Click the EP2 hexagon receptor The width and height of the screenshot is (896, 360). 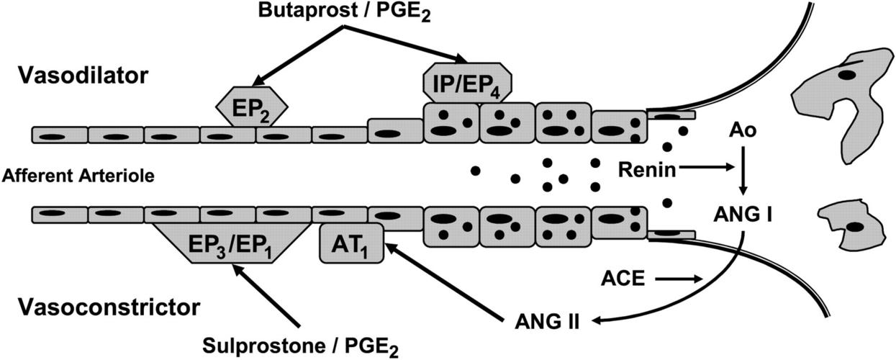252,108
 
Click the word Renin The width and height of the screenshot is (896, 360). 645,171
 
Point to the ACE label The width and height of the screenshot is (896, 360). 623,279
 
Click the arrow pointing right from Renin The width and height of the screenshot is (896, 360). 706,171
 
